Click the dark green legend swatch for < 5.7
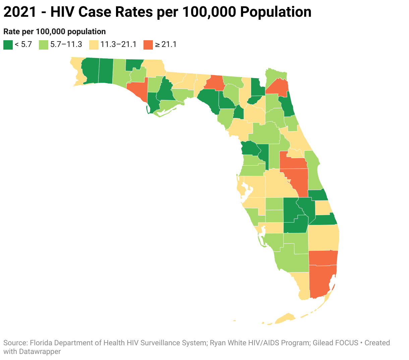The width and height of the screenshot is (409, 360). point(8,45)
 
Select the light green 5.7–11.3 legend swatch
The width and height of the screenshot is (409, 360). point(44,45)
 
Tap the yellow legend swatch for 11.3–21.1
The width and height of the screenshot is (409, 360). point(94,45)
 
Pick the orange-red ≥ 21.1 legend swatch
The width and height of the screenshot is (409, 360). point(148,45)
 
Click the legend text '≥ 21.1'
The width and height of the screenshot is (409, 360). point(166,45)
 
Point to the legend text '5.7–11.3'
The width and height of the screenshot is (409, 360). point(66,45)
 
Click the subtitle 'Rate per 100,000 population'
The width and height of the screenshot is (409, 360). point(55,32)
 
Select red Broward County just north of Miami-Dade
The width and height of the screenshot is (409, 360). point(323,257)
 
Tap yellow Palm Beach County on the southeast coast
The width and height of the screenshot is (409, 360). point(324,237)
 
